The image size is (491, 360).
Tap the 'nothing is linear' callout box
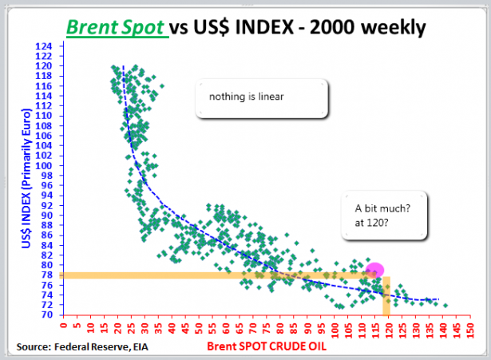pyautogui.click(x=263, y=98)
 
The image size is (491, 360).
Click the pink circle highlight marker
pyautogui.click(x=374, y=271)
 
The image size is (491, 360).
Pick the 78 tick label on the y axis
pyautogui.click(x=48, y=275)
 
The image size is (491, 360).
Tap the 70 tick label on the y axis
pyautogui.click(x=48, y=315)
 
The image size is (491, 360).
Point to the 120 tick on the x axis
pyautogui.click(x=387, y=329)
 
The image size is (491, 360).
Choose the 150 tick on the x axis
pyautogui.click(x=469, y=329)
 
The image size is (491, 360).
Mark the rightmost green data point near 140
pyautogui.click(x=445, y=305)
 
